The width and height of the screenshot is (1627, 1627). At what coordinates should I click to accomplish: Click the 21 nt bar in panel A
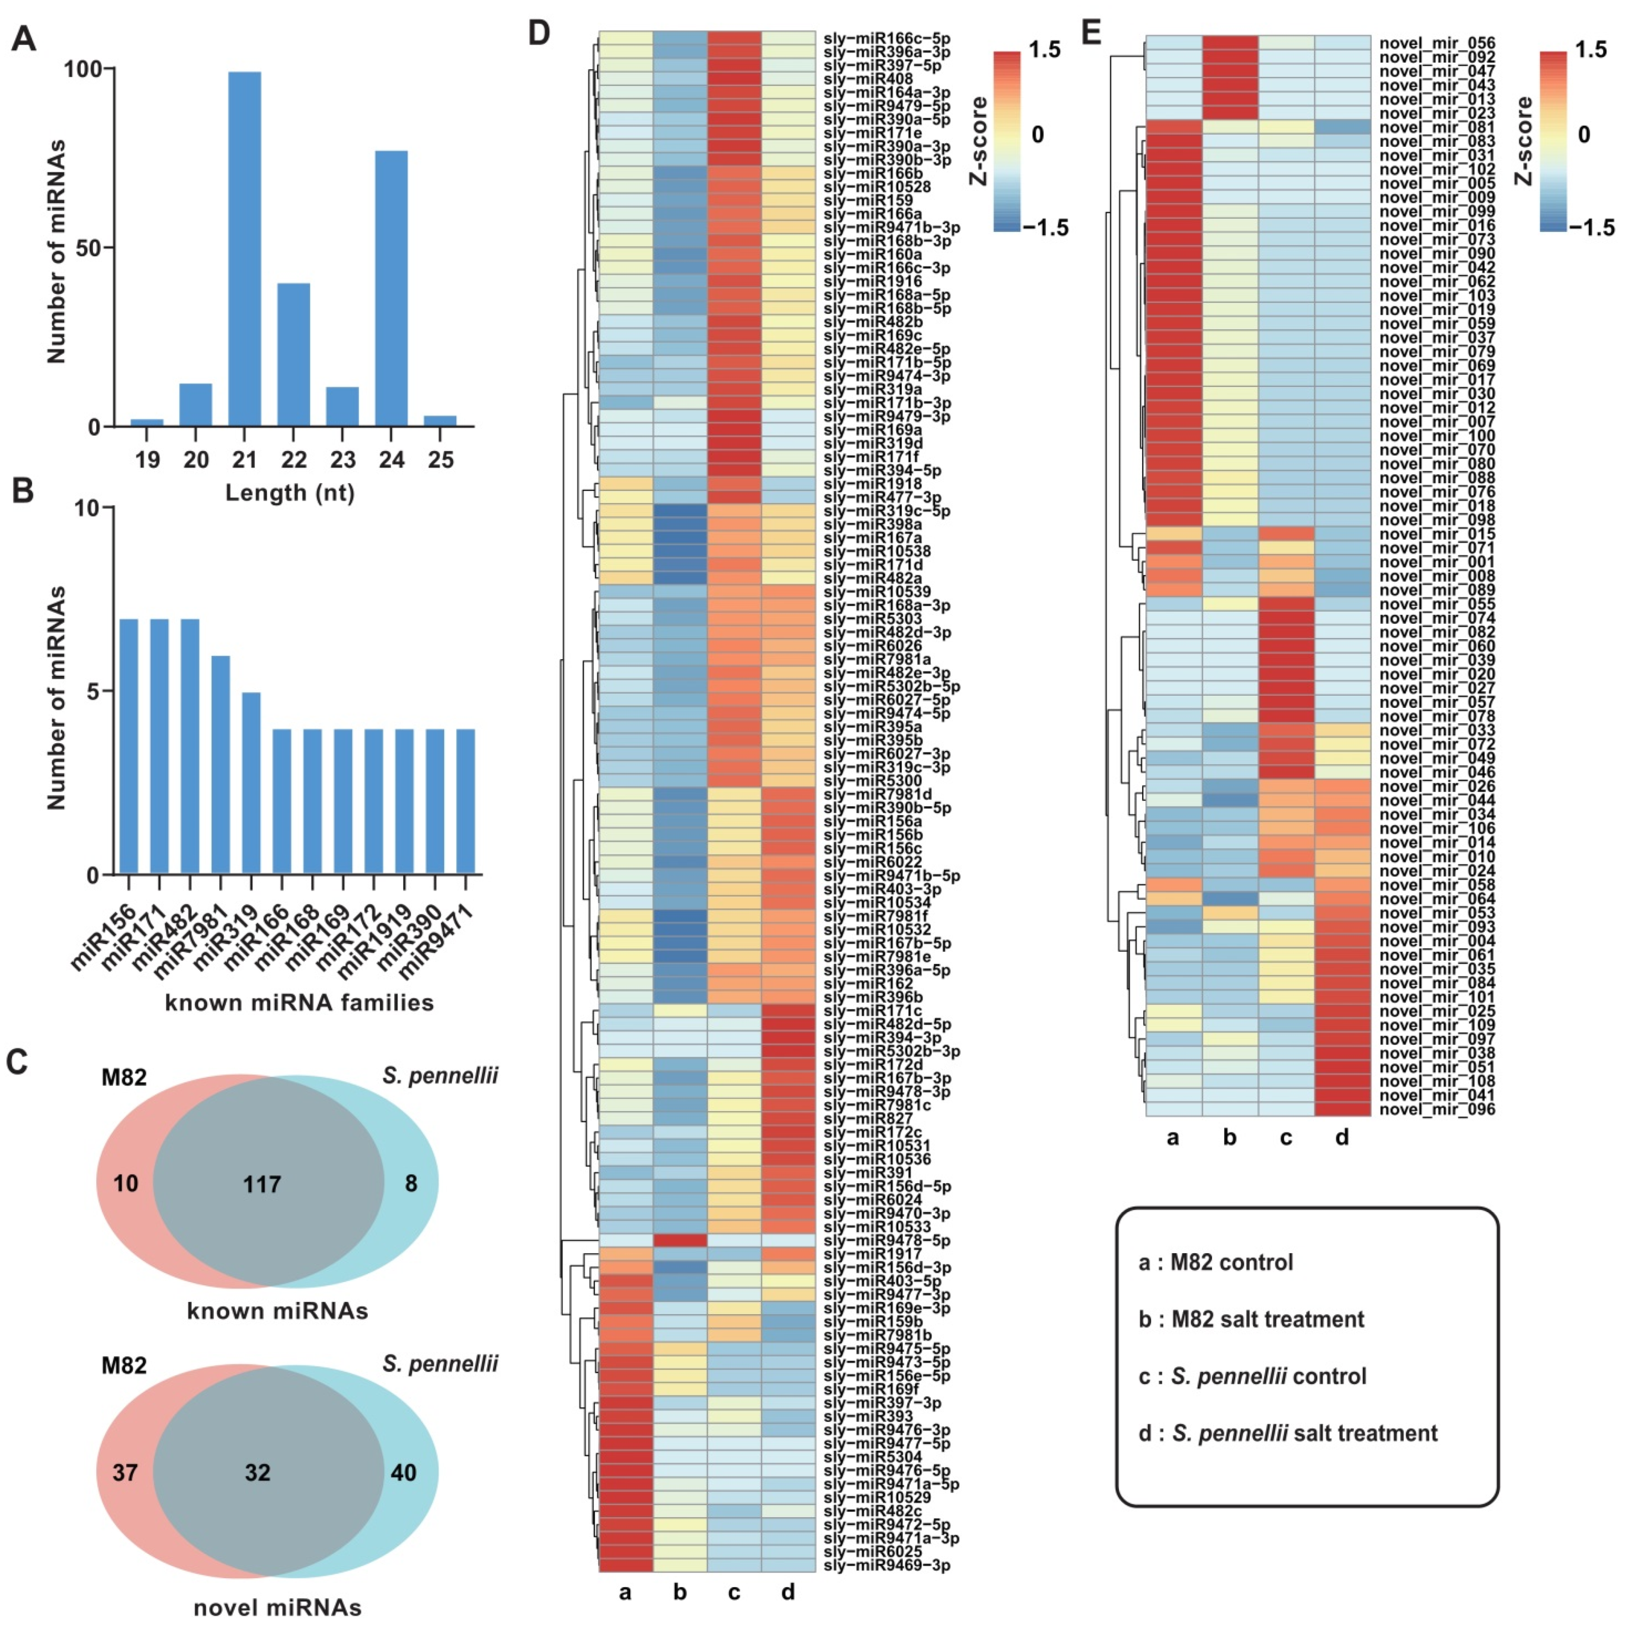point(244,249)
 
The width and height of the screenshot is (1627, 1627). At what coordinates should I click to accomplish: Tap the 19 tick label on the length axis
point(147,460)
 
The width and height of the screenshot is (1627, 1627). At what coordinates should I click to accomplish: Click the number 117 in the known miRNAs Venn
point(262,1185)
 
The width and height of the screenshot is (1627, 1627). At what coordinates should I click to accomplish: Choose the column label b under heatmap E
point(1230,1138)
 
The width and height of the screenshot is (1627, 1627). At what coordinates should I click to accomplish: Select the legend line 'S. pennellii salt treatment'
point(1288,1433)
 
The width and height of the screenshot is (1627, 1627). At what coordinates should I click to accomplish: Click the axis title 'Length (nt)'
point(290,493)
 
